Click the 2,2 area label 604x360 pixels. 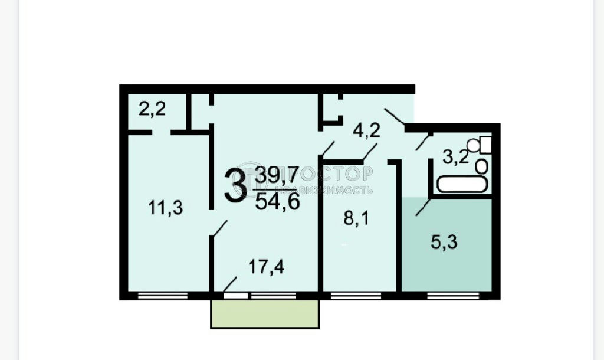pos(152,109)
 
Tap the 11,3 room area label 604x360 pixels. pos(165,208)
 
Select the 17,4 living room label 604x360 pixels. pos(266,267)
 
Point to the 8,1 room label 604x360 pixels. pos(356,219)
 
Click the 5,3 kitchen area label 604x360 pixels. pos(444,243)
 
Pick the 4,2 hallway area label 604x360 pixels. pos(366,130)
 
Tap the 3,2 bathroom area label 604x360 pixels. pos(455,157)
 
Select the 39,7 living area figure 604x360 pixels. pos(277,176)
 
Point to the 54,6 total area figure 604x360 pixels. pos(277,202)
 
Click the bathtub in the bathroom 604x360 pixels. pos(462,184)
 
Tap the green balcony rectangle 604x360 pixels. pos(265,314)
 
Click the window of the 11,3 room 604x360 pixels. pos(163,296)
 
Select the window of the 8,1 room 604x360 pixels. pos(356,296)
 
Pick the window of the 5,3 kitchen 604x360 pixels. pos(453,296)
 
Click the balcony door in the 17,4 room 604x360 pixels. pos(236,295)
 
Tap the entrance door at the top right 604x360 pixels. pos(395,116)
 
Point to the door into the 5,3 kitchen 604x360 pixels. pos(424,208)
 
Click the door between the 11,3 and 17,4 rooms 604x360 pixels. pos(218,228)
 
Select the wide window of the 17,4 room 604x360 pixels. pos(274,296)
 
